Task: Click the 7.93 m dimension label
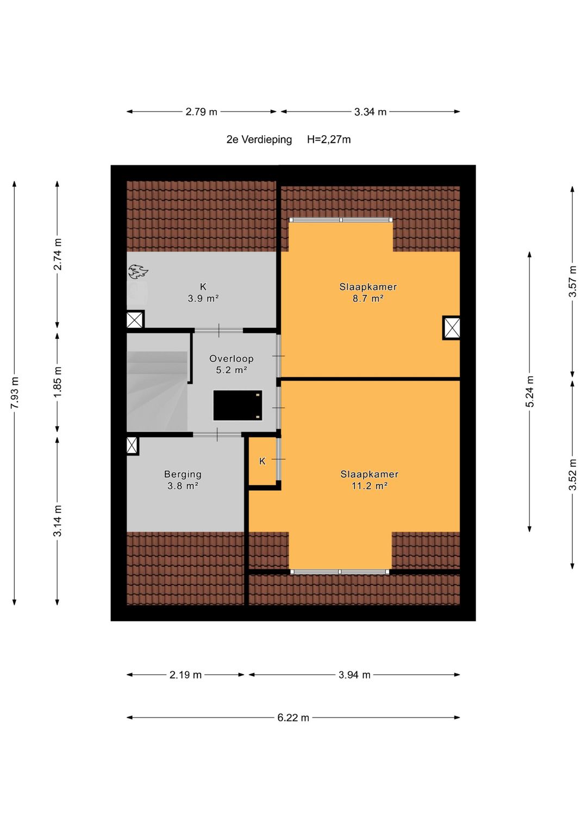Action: (x=15, y=393)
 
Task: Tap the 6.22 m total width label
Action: (x=293, y=718)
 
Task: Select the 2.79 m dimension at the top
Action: (x=201, y=112)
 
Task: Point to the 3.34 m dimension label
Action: (x=370, y=112)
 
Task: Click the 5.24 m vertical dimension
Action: (x=529, y=391)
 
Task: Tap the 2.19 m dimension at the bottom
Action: (x=185, y=675)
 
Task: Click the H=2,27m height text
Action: (x=329, y=140)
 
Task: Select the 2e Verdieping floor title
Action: (x=259, y=140)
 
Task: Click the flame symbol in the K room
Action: (x=138, y=271)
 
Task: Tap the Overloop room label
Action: (x=231, y=358)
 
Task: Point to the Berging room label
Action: (x=183, y=474)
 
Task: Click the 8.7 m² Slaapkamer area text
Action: (x=367, y=298)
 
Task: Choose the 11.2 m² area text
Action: (x=370, y=485)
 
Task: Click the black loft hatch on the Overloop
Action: (x=238, y=405)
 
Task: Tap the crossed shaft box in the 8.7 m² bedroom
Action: (x=451, y=327)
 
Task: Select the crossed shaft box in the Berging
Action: (x=132, y=446)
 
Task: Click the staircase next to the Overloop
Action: (x=157, y=391)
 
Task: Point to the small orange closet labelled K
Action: (x=263, y=461)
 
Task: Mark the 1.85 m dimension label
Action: (x=58, y=382)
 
